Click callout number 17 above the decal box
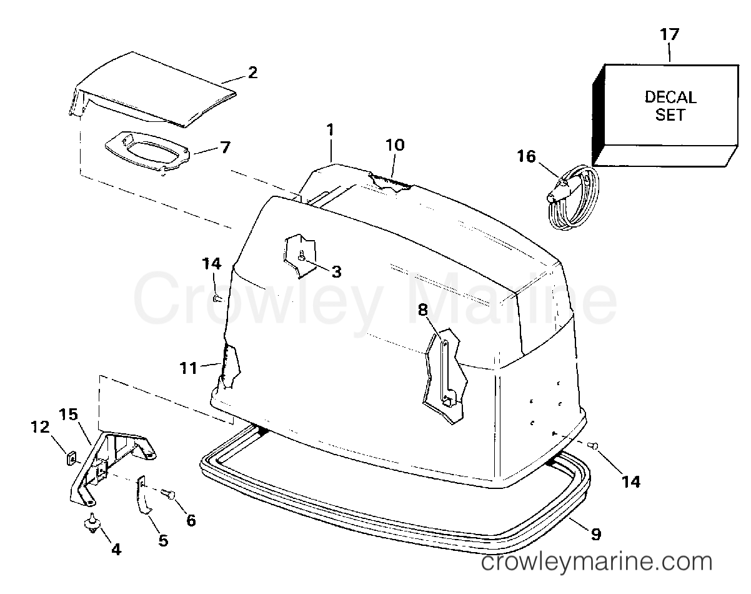(669, 34)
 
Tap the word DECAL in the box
(670, 98)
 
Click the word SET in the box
(670, 114)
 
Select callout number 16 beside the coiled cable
(526, 156)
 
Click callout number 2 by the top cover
(252, 73)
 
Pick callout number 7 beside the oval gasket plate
(226, 147)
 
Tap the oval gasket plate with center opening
(147, 150)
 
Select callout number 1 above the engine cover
(330, 130)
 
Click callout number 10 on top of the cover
(395, 145)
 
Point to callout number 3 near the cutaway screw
(336, 271)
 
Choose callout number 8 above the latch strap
(422, 309)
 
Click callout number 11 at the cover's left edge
(189, 368)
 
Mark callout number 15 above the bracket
(68, 415)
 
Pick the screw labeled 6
(168, 494)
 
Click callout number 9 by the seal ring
(596, 534)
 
